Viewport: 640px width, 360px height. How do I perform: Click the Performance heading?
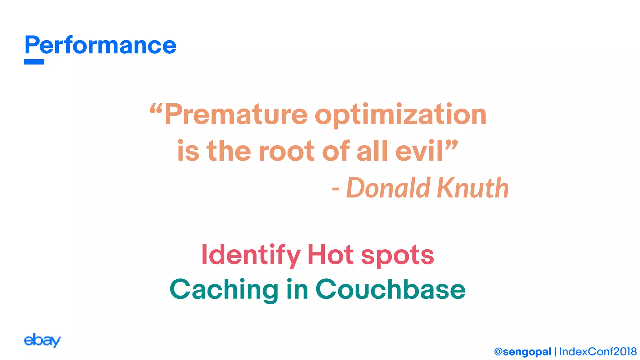(100, 45)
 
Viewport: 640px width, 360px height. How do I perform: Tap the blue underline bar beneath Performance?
(34, 62)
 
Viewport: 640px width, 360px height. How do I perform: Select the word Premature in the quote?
(236, 114)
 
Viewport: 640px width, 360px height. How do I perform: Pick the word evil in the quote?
(419, 151)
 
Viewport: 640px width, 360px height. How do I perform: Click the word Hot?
(331, 255)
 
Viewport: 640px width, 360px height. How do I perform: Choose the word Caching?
(224, 289)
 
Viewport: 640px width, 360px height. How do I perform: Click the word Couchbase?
(390, 289)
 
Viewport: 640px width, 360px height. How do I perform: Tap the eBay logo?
(42, 340)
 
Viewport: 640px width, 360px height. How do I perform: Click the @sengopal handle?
(522, 352)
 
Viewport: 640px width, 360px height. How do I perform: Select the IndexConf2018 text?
(598, 352)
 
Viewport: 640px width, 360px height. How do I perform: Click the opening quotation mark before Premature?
(156, 108)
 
